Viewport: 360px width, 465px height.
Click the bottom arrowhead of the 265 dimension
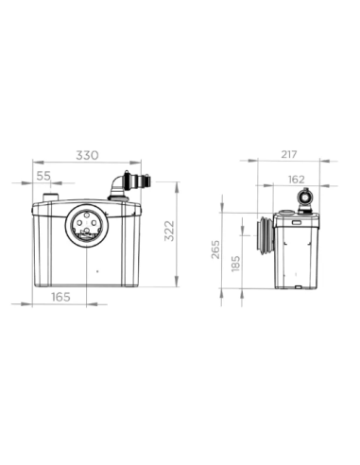tap(222, 288)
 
